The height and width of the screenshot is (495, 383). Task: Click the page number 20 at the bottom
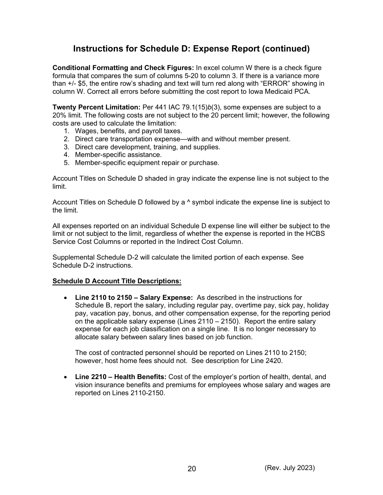(x=191, y=469)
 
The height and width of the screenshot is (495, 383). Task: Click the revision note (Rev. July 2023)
(x=289, y=468)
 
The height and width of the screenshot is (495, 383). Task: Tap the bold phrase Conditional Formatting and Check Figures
(x=123, y=68)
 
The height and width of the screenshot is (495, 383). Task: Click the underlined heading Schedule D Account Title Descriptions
(x=117, y=281)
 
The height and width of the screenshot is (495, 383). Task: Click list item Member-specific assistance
(x=118, y=155)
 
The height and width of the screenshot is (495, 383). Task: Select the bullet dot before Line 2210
(x=66, y=377)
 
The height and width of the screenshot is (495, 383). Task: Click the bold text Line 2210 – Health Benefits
(x=121, y=377)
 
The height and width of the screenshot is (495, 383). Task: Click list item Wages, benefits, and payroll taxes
(x=128, y=131)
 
